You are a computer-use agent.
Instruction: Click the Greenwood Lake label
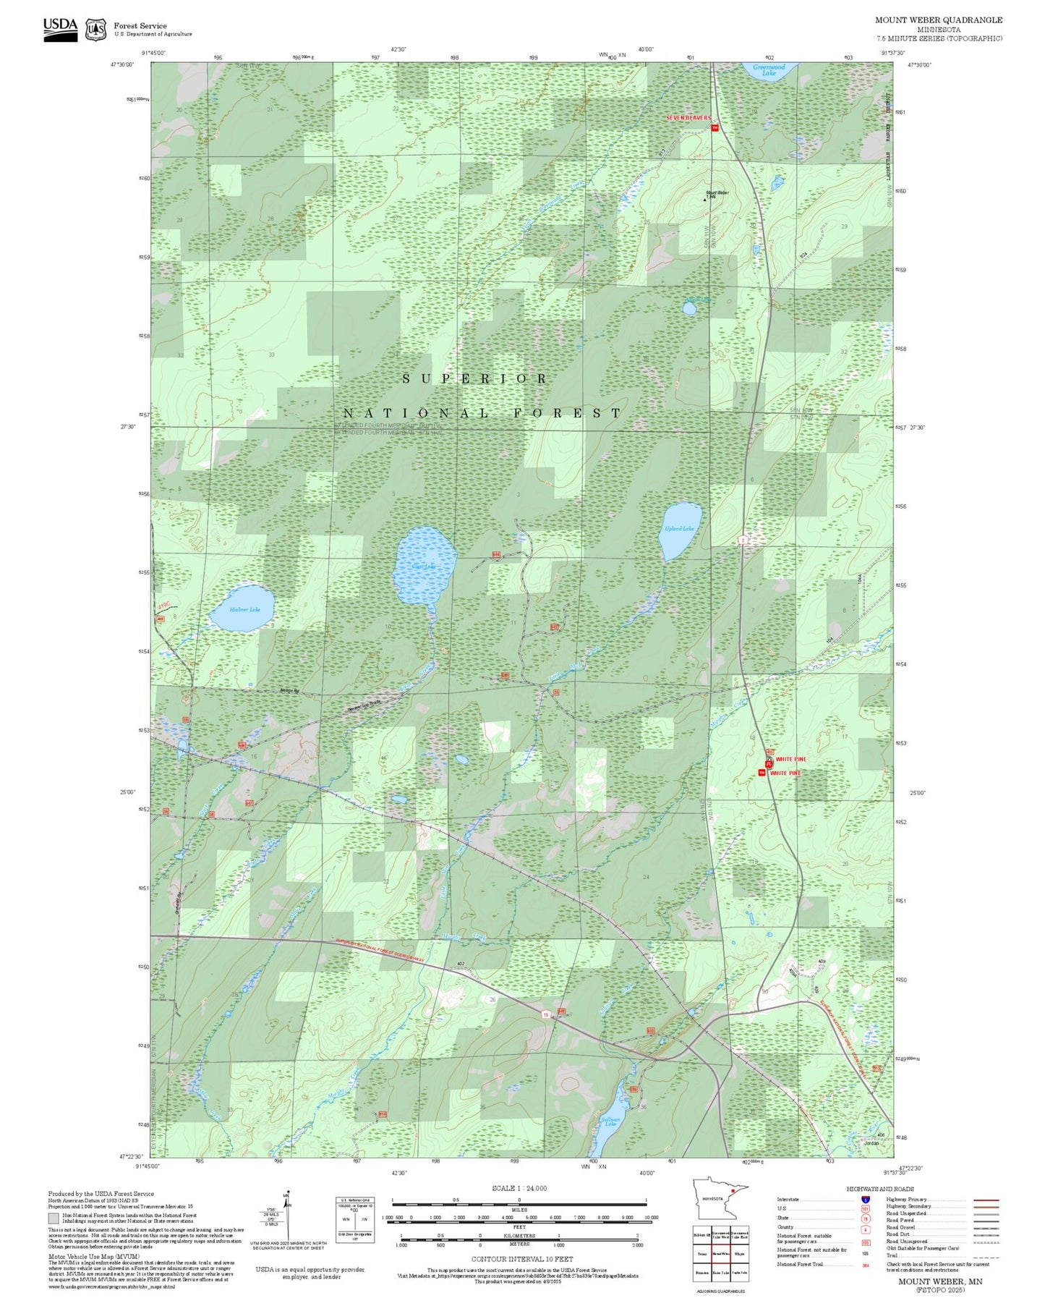click(x=769, y=70)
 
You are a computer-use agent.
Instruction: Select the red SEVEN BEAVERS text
click(x=688, y=118)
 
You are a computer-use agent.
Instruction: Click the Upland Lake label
click(x=679, y=529)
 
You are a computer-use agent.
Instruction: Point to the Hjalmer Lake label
click(x=244, y=610)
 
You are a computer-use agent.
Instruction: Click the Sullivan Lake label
click(x=610, y=1121)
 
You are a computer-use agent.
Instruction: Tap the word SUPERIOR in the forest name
click(x=474, y=379)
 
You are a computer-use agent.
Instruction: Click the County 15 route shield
click(x=546, y=1015)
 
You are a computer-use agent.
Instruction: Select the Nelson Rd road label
click(x=290, y=691)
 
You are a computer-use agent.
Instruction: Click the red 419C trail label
click(x=164, y=606)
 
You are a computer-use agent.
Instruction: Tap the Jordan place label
click(x=871, y=1144)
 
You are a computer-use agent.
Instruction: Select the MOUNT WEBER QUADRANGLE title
click(x=938, y=20)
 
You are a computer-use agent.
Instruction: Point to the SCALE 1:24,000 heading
click(x=519, y=1188)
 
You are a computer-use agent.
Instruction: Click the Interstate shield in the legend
click(x=865, y=1200)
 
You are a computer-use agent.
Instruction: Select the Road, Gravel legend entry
click(x=901, y=1227)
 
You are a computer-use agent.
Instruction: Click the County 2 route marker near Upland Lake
click(x=743, y=540)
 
